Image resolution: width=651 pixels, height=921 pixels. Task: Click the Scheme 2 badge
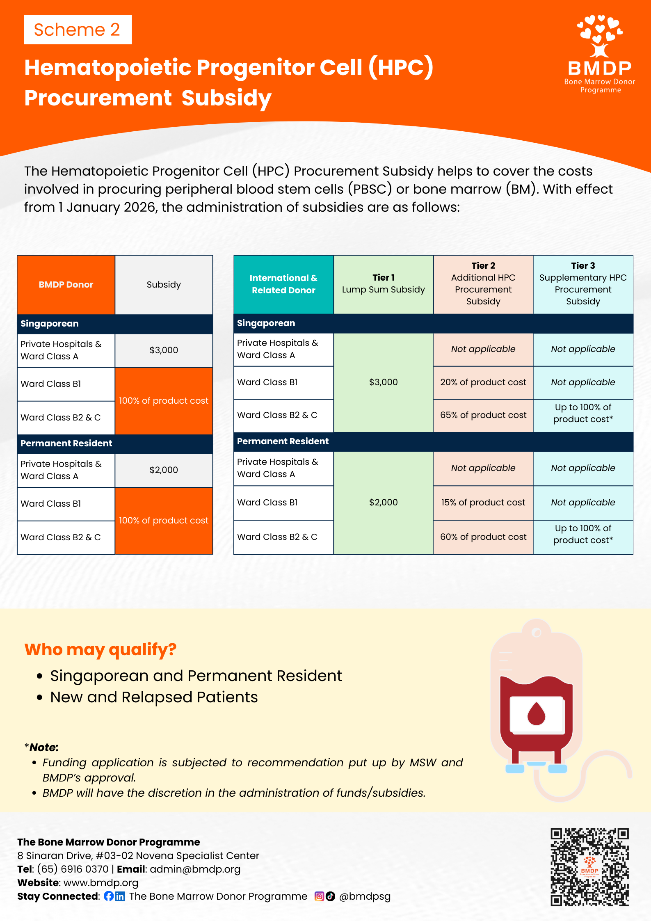coord(78,30)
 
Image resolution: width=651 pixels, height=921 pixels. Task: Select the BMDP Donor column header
coord(66,285)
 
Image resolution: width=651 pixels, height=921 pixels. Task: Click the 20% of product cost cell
coord(483,382)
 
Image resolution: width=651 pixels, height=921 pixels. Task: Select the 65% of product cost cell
coord(483,415)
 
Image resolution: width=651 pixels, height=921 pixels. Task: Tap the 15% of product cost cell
coord(483,503)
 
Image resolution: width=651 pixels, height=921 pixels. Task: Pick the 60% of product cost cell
coord(483,537)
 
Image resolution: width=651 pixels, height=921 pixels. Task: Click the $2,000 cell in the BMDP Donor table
coord(164,470)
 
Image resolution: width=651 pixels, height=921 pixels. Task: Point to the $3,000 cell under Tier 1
coord(384,382)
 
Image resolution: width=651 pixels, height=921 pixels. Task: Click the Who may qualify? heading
coord(101,649)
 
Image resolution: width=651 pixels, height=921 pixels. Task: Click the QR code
coord(589,867)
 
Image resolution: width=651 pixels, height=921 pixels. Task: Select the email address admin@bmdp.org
coord(195,869)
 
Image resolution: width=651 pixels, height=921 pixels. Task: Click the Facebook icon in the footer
coord(109,896)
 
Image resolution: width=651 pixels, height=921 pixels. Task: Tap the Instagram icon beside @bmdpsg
coord(319,896)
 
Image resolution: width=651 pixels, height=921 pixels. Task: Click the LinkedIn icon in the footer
coord(120,896)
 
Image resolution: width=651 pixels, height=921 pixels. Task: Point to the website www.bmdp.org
coord(101,882)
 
